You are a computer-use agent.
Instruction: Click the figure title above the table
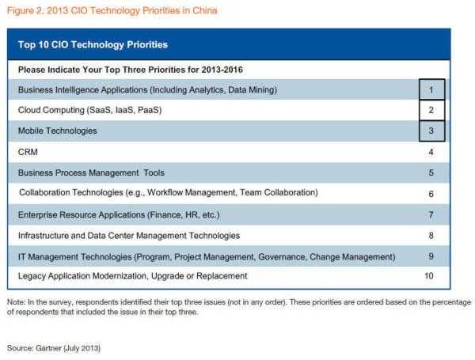(112, 10)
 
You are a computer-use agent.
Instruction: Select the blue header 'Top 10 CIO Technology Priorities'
(93, 45)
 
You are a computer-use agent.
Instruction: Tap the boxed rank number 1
(431, 90)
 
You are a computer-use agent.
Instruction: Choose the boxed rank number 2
(431, 110)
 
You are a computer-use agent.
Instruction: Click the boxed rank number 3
(431, 131)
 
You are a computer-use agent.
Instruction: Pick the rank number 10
(428, 276)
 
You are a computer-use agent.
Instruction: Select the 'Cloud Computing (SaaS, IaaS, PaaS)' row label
(89, 110)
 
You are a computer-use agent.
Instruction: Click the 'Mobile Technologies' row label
(58, 131)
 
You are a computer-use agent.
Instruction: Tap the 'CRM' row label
(28, 152)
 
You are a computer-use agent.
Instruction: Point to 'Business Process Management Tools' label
(91, 173)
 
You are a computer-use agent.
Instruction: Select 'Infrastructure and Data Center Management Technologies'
(129, 236)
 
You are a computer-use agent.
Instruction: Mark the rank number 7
(431, 215)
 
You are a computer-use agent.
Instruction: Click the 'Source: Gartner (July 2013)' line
(54, 348)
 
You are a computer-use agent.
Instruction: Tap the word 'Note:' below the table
(16, 302)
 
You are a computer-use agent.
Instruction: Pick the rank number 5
(431, 173)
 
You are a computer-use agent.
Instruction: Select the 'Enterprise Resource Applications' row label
(82, 215)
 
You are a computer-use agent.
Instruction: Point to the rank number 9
(431, 256)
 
